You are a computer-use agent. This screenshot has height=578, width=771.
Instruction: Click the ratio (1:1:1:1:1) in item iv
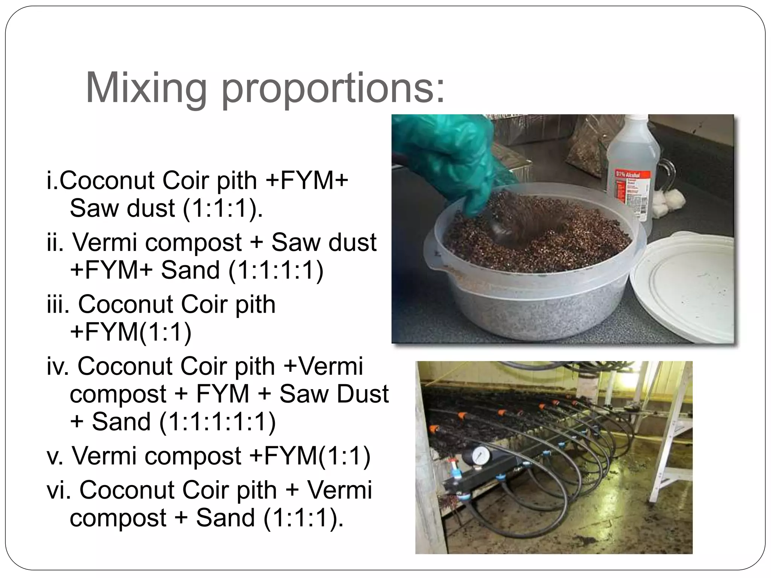pyautogui.click(x=218, y=422)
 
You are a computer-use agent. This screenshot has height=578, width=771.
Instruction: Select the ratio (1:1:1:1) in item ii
pyautogui.click(x=276, y=270)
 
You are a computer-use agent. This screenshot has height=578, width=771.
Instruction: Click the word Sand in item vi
pyautogui.click(x=225, y=518)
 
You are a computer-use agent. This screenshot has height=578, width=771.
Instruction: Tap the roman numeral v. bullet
pyautogui.click(x=55, y=456)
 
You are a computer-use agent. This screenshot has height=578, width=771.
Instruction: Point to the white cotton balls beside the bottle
pyautogui.click(x=666, y=205)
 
